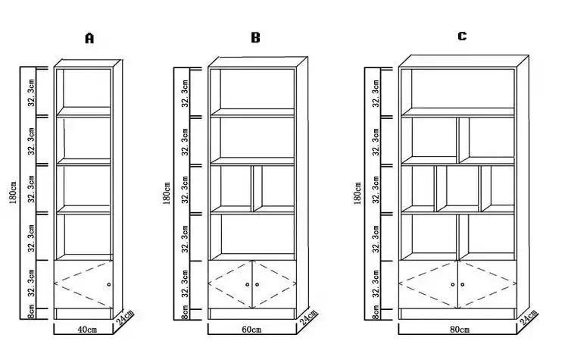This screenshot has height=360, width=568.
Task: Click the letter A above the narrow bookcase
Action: (89, 38)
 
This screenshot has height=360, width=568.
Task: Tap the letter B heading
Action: (255, 37)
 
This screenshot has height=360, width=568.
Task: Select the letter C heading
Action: (462, 36)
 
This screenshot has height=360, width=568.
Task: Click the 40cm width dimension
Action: (87, 330)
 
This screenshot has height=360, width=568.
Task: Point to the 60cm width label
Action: (251, 330)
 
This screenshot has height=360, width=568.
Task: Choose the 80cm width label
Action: (460, 330)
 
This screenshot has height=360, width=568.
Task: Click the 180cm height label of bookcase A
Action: (13, 193)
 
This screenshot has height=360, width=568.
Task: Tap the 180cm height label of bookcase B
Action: (167, 193)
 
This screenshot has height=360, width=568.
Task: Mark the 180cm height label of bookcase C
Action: (357, 193)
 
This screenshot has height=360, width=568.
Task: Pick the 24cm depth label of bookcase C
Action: (529, 319)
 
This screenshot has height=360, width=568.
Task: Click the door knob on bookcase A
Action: (109, 285)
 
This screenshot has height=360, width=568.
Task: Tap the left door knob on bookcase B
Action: (248, 285)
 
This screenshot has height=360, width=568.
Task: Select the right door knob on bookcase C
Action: (463, 285)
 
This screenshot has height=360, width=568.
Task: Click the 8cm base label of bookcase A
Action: (32, 311)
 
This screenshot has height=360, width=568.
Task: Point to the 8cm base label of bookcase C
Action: (376, 312)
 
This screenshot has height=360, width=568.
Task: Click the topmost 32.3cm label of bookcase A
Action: (32, 92)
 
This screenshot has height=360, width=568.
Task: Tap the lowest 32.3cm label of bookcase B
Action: (185, 283)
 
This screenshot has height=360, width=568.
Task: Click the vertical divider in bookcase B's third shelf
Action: (252, 189)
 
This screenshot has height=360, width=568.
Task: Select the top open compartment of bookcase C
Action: (463, 89)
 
